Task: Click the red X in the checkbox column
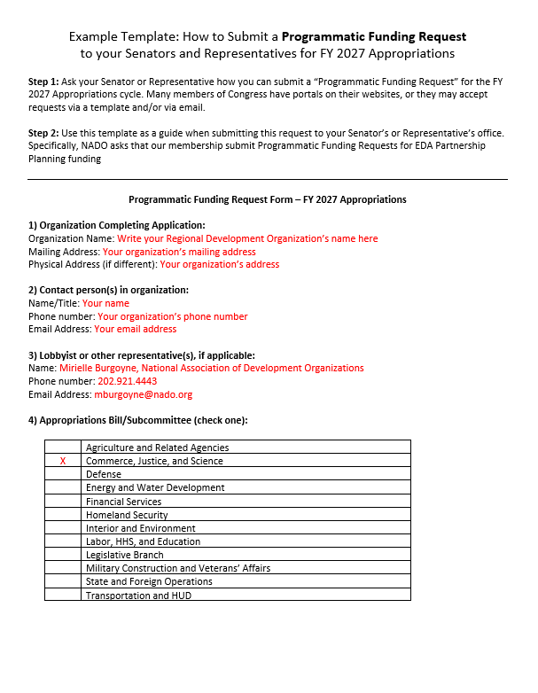(63, 462)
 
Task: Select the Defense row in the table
(104, 475)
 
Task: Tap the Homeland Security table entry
(127, 515)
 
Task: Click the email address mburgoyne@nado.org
(143, 395)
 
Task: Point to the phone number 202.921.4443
(127, 381)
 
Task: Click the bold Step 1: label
(44, 82)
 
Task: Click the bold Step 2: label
(44, 133)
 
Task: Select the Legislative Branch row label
(124, 555)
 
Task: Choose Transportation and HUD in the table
(138, 596)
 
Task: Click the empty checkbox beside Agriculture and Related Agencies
(63, 448)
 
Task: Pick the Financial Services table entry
(123, 502)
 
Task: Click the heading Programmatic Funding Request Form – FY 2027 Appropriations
(268, 200)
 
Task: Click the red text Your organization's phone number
(172, 316)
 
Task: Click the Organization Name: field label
(71, 238)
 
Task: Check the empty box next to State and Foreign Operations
(63, 582)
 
